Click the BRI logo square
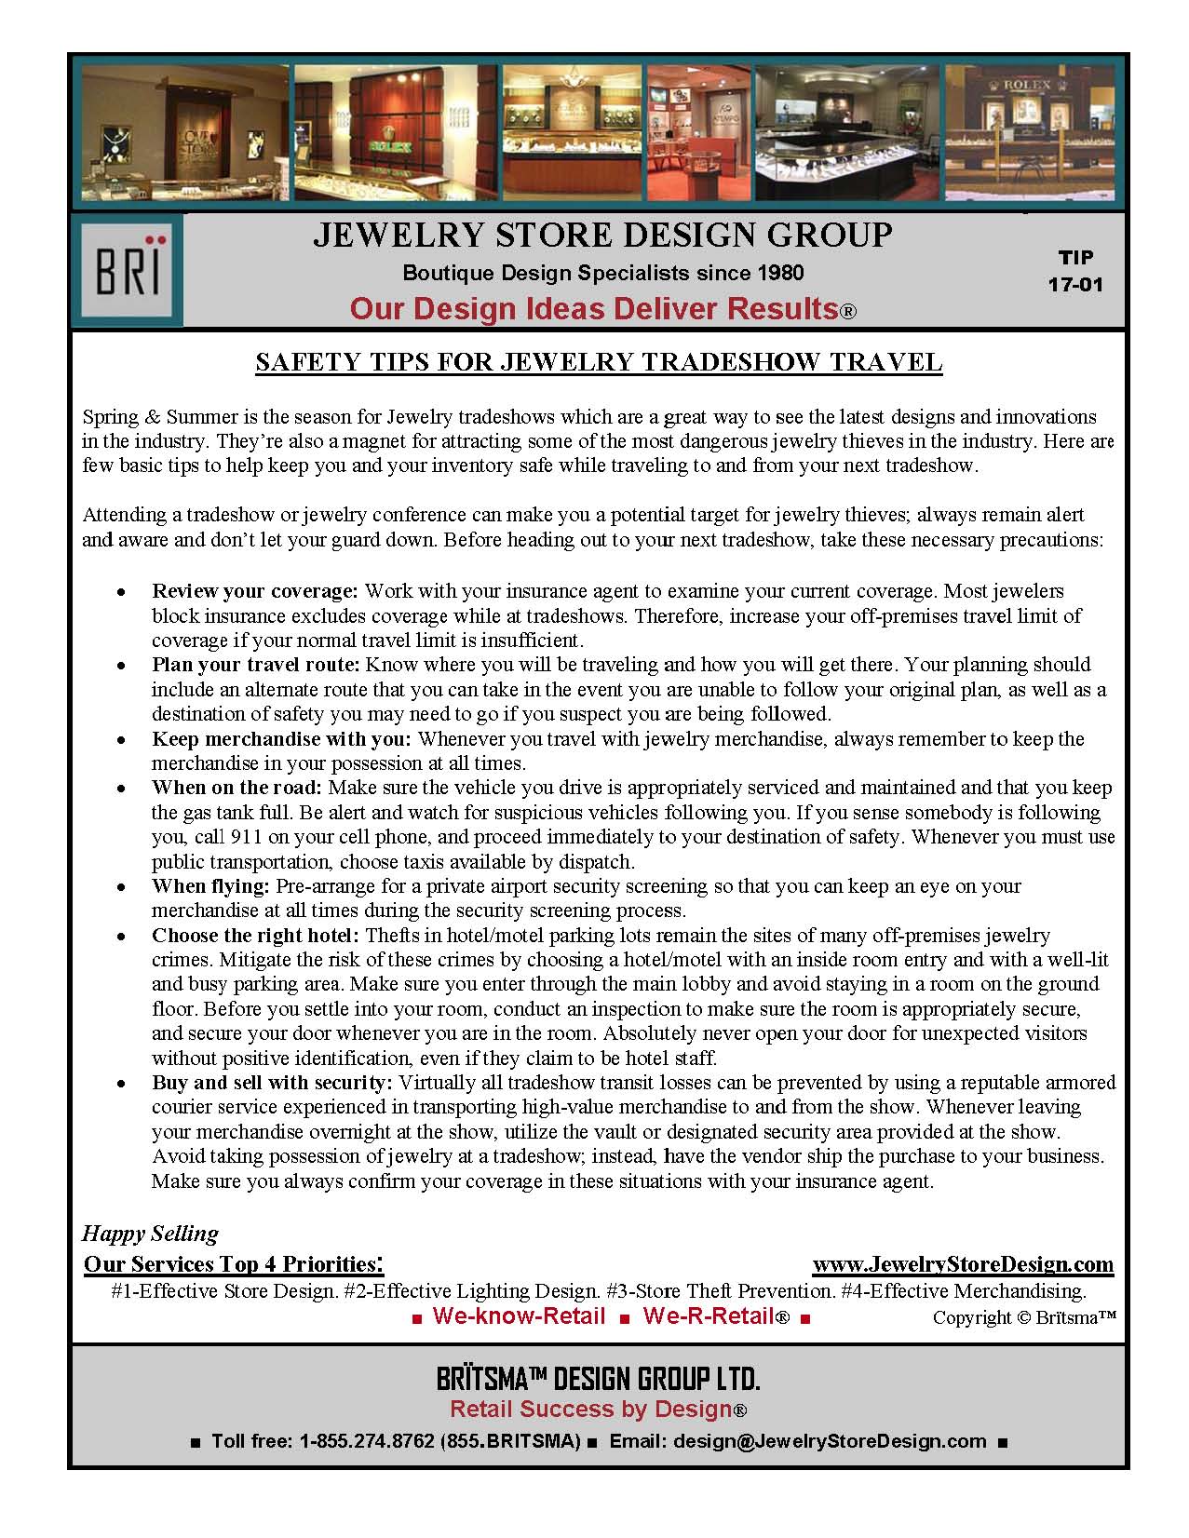(127, 270)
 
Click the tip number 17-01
(1075, 283)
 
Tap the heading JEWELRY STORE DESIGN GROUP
(601, 236)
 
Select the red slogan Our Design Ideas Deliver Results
(601, 309)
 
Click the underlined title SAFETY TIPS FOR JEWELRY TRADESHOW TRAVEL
(599, 362)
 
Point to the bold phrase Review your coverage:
(254, 591)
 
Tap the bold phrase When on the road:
(236, 788)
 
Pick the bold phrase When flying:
(210, 886)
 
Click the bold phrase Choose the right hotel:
(255, 935)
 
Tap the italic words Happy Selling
(150, 1234)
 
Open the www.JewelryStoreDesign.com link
(963, 1264)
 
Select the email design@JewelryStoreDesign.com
(830, 1441)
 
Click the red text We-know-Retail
(519, 1316)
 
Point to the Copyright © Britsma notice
(1023, 1317)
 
